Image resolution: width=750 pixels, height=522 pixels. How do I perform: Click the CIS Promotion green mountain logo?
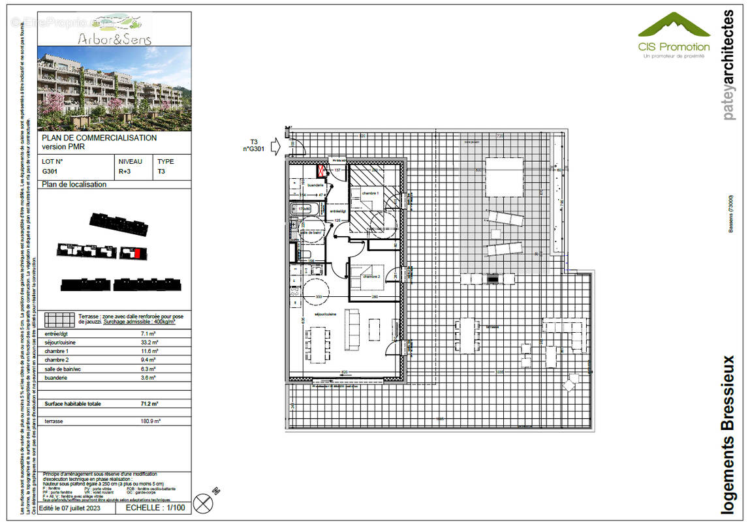pyautogui.click(x=673, y=26)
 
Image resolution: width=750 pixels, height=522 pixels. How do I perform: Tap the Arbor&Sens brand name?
pyautogui.click(x=114, y=39)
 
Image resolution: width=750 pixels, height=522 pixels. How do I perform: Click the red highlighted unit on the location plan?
pyautogui.click(x=137, y=253)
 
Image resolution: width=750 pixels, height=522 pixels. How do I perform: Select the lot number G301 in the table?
pyautogui.click(x=50, y=171)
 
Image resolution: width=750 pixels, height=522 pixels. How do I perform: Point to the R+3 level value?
pyautogui.click(x=123, y=171)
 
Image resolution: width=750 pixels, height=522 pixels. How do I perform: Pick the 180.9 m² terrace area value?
pyautogui.click(x=149, y=422)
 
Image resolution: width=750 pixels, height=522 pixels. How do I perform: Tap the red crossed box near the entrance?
pyautogui.click(x=322, y=171)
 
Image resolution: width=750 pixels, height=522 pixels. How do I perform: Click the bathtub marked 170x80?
pyautogui.click(x=305, y=209)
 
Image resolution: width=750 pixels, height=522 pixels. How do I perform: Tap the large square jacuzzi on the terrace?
pyautogui.click(x=502, y=177)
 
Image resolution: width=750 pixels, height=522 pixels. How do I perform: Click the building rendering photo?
pyautogui.click(x=114, y=88)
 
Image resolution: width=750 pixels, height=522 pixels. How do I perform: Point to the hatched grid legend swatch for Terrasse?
pyautogui.click(x=59, y=320)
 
